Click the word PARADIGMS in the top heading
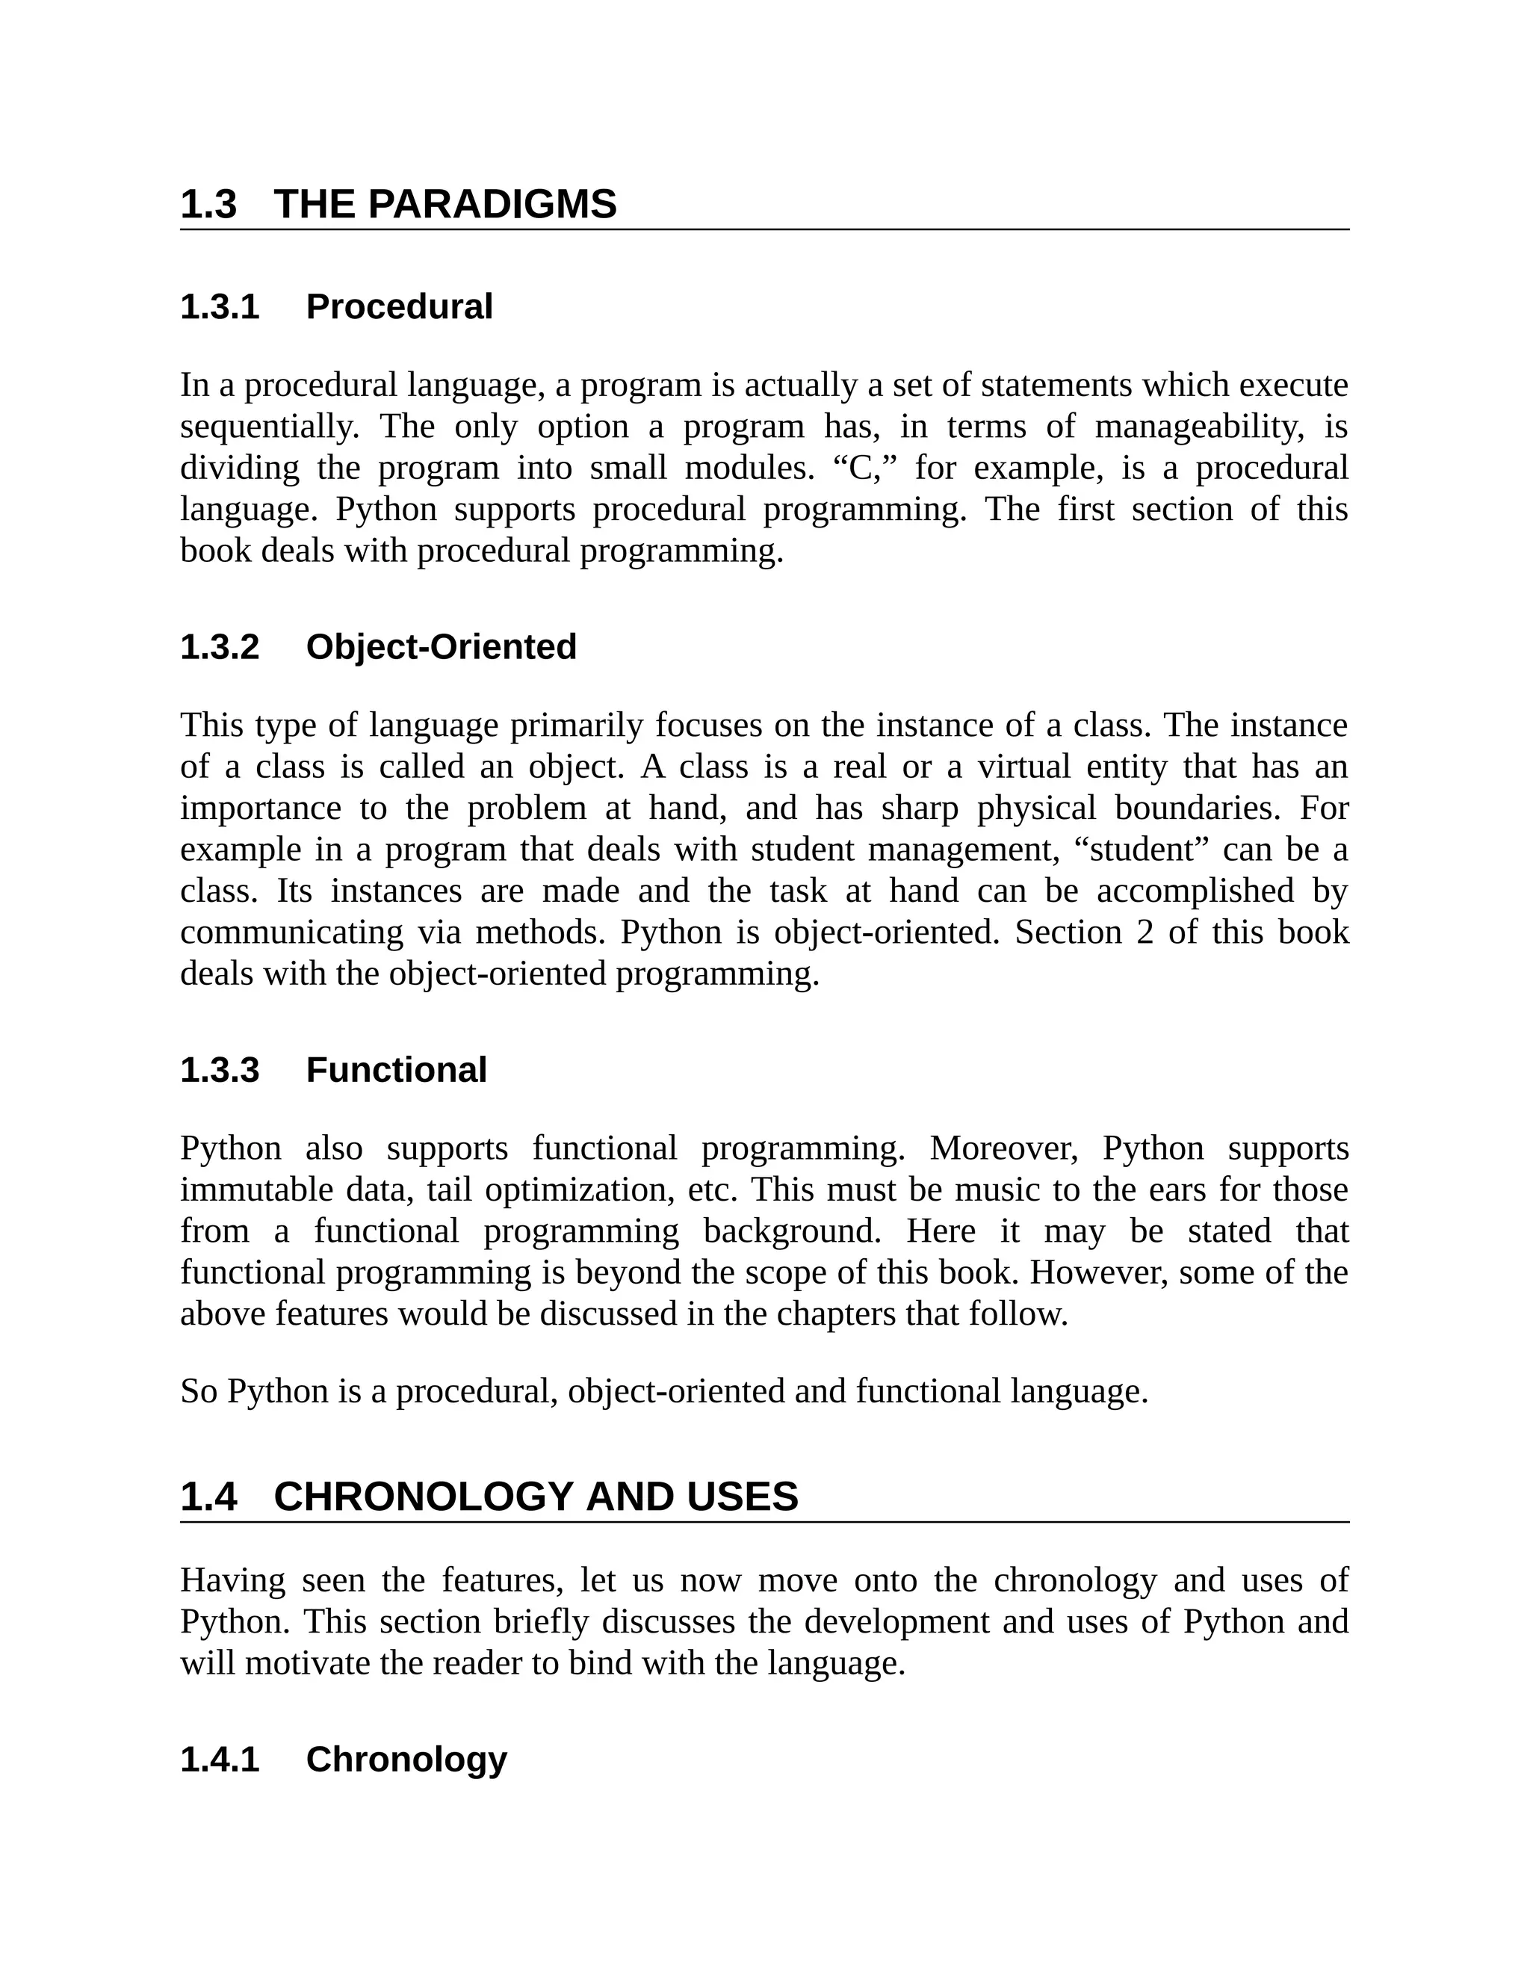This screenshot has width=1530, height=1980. (492, 204)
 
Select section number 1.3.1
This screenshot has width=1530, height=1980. (220, 307)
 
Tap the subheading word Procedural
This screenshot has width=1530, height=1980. (399, 307)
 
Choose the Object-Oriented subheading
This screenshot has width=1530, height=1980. (441, 647)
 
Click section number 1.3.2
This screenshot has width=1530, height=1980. (220, 647)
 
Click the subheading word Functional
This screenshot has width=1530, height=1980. (396, 1070)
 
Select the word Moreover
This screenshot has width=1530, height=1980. (1003, 1148)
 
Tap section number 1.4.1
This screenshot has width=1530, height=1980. (220, 1760)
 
